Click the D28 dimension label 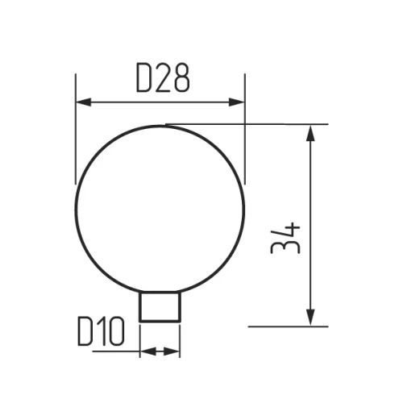point(162,77)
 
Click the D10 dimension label point(100,331)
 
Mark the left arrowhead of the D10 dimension point(146,351)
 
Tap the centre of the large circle point(159,208)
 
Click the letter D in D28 point(143,77)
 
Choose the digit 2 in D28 point(163,77)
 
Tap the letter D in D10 point(86,331)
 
